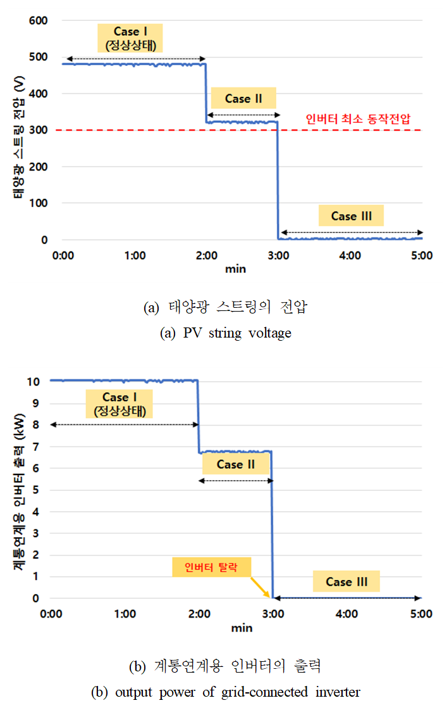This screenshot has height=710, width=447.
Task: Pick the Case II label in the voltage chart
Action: [x=243, y=98]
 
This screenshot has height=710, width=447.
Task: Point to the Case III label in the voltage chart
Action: [x=351, y=216]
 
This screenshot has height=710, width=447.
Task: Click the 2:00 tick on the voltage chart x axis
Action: [x=207, y=255]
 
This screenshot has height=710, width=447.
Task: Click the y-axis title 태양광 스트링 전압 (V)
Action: [x=19, y=130]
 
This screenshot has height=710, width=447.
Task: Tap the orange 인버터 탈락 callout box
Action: [x=212, y=567]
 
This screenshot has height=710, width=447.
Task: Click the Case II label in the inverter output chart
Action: [x=235, y=464]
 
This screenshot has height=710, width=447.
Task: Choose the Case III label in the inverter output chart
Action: [x=347, y=581]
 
